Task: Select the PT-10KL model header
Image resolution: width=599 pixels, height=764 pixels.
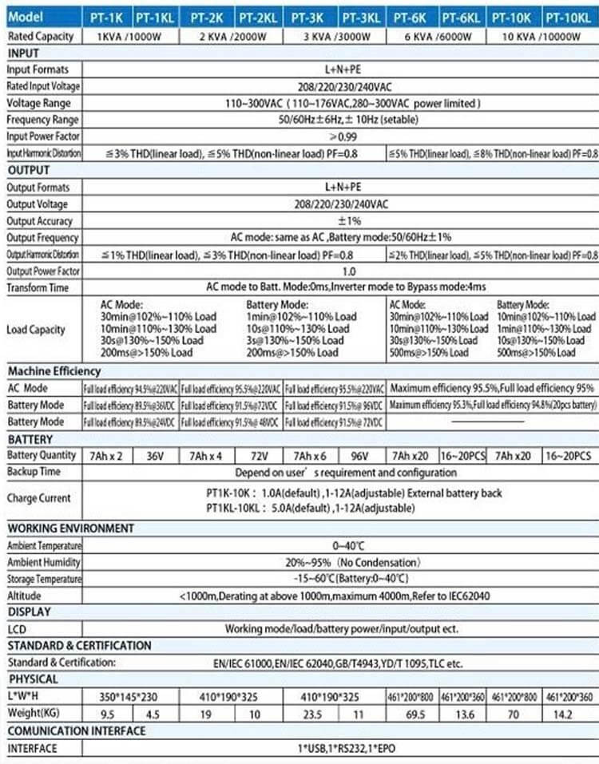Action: click(570, 16)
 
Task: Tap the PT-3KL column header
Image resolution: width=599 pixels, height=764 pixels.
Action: click(361, 16)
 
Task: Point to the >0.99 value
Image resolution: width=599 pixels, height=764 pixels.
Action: click(342, 137)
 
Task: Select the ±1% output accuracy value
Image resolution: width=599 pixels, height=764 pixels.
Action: click(342, 220)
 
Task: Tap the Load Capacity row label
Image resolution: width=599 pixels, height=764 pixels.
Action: click(36, 330)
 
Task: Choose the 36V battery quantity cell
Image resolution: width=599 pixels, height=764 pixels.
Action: click(154, 455)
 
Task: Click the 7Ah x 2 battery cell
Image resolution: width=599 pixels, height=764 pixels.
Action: click(105, 455)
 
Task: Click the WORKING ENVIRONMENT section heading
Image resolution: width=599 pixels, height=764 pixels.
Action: click(71, 528)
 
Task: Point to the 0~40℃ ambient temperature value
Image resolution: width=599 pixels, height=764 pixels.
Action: click(341, 545)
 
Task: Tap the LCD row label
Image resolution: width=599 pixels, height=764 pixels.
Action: click(17, 629)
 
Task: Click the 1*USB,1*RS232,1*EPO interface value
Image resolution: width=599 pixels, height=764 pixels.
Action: click(341, 748)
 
